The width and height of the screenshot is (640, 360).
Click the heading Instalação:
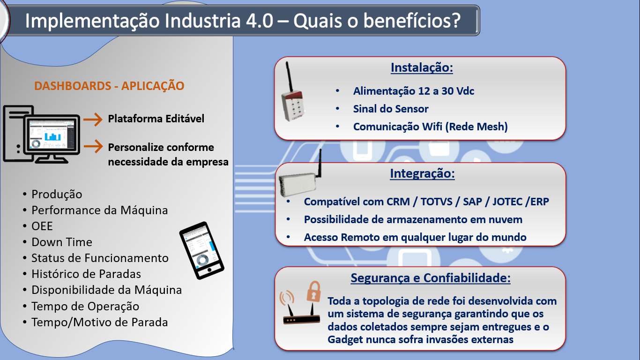[x=422, y=68]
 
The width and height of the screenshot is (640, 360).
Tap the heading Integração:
[x=422, y=173]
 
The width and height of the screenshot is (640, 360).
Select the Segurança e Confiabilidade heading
[x=431, y=278]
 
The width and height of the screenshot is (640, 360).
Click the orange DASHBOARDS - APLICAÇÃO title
[x=109, y=86]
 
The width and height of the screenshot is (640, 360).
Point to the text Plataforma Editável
[x=156, y=119]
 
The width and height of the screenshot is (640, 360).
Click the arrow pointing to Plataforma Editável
[x=93, y=119]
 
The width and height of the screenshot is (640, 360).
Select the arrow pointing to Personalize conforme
[x=93, y=146]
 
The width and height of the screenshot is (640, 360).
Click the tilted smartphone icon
[x=202, y=250]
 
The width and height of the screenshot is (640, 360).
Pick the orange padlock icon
[x=314, y=292]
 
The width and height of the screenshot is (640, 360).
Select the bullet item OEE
[x=42, y=226]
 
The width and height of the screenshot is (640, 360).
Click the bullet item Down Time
[x=62, y=242]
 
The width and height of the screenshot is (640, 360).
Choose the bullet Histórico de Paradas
[x=86, y=274]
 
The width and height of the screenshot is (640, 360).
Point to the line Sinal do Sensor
[x=391, y=109]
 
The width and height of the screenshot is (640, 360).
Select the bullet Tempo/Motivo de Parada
[x=99, y=322]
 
